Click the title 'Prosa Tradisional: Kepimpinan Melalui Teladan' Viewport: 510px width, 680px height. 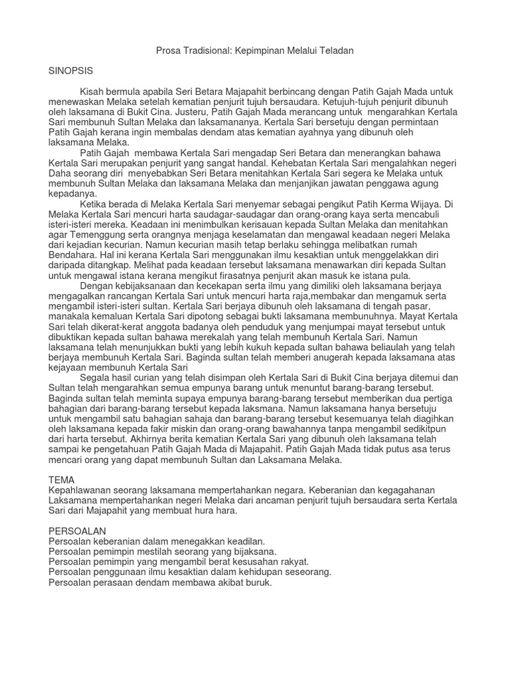255,50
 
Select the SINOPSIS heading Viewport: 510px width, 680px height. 72,69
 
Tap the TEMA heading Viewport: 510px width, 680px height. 62,479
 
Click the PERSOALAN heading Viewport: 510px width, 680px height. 78,531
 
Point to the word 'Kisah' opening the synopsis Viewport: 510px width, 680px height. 92,90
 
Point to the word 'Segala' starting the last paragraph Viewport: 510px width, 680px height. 94,377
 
